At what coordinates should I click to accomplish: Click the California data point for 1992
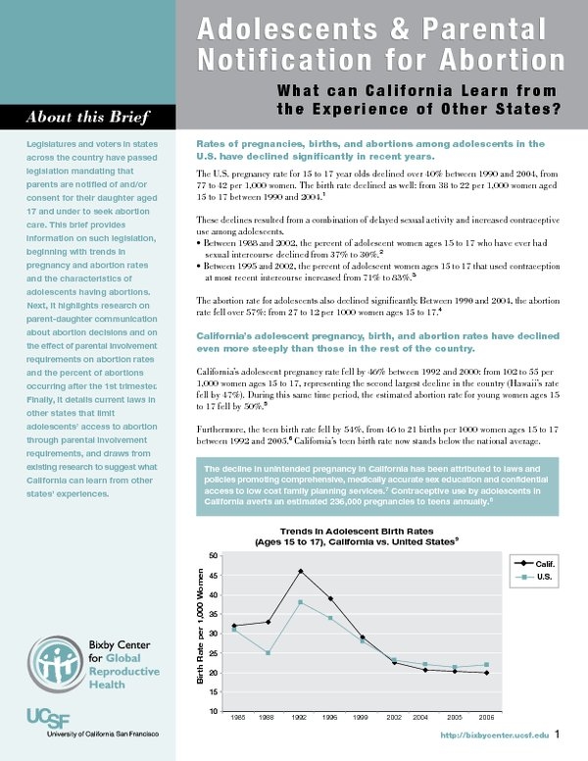(x=301, y=571)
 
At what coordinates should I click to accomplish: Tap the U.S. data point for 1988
(x=268, y=652)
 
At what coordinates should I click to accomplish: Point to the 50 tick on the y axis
(x=214, y=555)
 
